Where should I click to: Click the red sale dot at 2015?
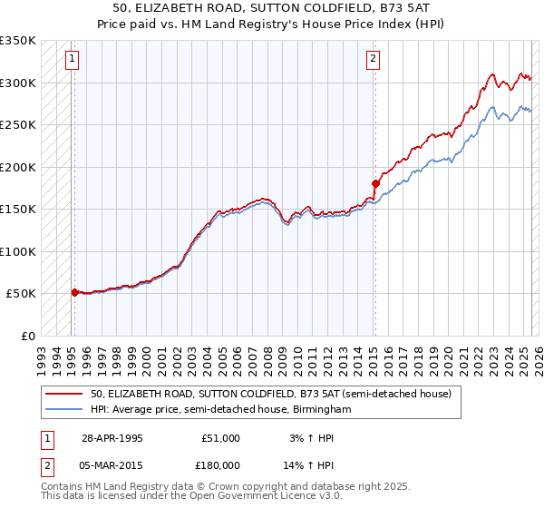(375, 183)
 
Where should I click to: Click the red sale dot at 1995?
(74, 292)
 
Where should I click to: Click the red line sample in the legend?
(64, 395)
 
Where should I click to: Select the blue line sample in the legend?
(64, 410)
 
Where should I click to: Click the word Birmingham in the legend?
(322, 410)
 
